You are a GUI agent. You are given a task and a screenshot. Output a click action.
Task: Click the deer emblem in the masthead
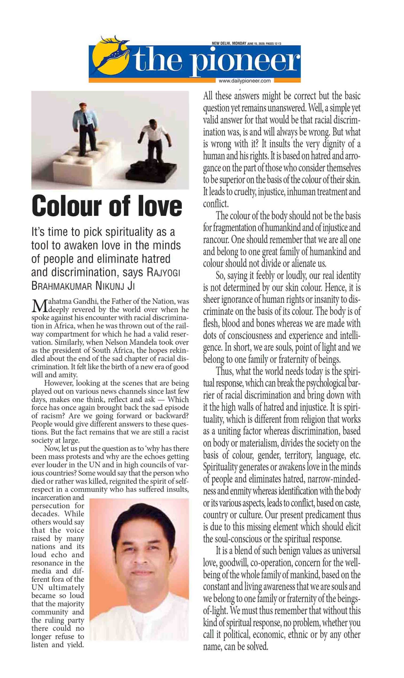click(x=112, y=55)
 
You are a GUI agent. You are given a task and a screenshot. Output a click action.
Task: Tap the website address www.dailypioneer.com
click(x=244, y=81)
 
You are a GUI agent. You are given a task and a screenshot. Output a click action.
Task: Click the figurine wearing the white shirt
click(x=155, y=142)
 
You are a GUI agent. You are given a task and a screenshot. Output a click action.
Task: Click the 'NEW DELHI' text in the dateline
click(x=221, y=43)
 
